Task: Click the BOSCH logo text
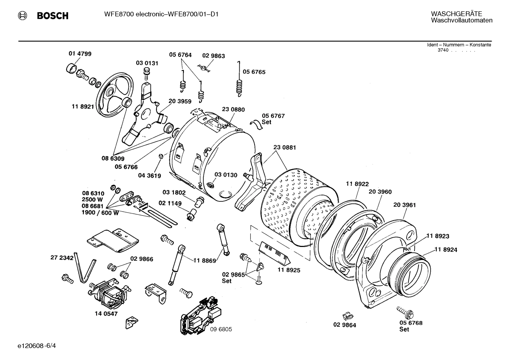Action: (52, 16)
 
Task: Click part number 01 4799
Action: (80, 54)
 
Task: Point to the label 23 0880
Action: (233, 110)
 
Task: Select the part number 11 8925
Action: (289, 270)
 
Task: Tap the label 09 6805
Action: (221, 329)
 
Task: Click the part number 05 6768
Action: (411, 323)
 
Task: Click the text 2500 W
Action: (93, 200)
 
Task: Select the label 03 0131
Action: (147, 63)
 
